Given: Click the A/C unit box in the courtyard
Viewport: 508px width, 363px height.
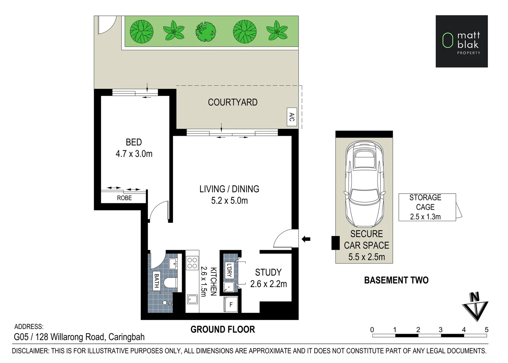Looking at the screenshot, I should click(x=292, y=117).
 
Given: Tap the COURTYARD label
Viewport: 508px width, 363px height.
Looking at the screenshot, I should click(x=232, y=102).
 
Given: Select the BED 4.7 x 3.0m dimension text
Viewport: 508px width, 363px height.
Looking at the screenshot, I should click(x=134, y=154).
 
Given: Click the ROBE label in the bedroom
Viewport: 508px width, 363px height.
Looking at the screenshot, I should click(x=124, y=198).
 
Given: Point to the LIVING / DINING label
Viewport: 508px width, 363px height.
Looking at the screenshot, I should click(x=229, y=189).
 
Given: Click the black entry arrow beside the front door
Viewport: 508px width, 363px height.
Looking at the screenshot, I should click(x=306, y=239).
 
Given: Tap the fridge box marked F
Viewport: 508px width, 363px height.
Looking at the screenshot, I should click(x=231, y=305).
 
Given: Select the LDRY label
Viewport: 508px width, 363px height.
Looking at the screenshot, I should click(x=229, y=270).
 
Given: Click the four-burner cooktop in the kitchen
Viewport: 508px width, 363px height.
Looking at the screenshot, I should click(x=192, y=263).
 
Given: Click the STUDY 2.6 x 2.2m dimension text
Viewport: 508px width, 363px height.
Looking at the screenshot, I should click(x=269, y=284).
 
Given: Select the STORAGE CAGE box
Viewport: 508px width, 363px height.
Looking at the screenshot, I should click(x=426, y=207).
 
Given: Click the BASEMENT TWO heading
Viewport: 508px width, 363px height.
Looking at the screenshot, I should click(x=396, y=280).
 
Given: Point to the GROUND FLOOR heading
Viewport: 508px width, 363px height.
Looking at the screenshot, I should click(x=223, y=329).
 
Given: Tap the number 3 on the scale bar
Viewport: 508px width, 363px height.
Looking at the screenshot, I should click(x=441, y=330).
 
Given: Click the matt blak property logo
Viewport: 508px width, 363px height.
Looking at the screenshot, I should click(x=462, y=41).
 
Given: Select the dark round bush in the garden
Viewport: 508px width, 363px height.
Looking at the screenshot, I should click(x=205, y=31).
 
